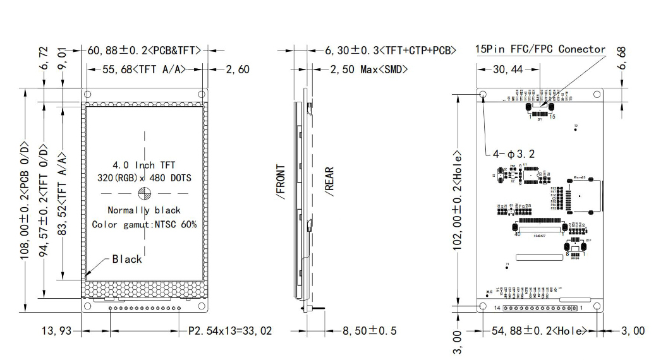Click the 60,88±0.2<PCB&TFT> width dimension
[x=143, y=50]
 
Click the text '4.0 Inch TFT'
[x=144, y=165]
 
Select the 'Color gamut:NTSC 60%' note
[x=144, y=224]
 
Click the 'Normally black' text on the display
[x=144, y=210]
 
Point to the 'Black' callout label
[x=127, y=259]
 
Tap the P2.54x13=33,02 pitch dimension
[x=230, y=330]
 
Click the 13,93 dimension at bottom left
[x=56, y=330]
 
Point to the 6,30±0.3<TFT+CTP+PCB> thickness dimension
[x=391, y=50]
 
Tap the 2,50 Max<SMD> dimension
[x=368, y=69]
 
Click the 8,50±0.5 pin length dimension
[x=370, y=330]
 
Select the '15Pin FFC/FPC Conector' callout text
[x=540, y=49]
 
